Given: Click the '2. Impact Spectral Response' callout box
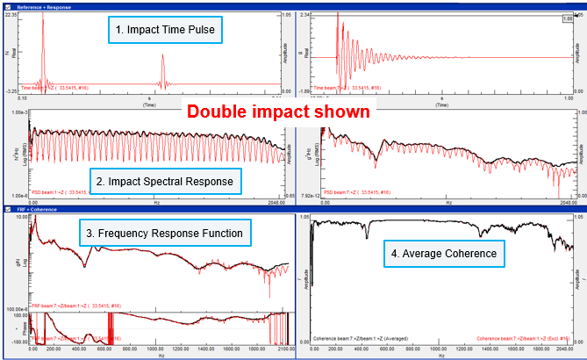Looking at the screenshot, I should (x=164, y=182).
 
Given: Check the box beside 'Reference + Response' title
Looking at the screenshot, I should (x=7, y=6).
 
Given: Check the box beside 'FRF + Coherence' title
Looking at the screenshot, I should (x=7, y=210).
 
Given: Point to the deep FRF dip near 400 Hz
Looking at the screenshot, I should (x=85, y=265).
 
